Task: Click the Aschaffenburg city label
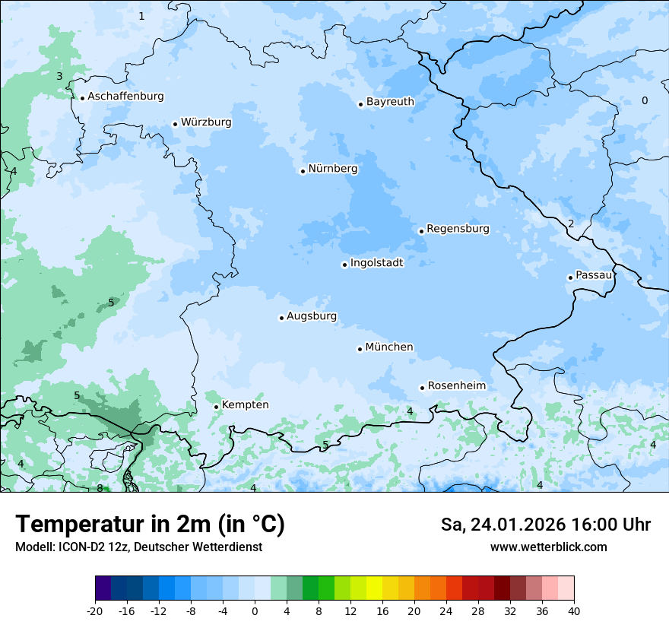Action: tap(125, 97)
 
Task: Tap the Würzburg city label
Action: tap(206, 122)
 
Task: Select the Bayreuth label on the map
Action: tap(390, 102)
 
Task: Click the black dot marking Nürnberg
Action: tap(303, 171)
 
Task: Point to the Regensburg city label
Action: tap(458, 229)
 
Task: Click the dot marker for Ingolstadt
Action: tap(344, 265)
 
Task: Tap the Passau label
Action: tap(594, 275)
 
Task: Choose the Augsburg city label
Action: tap(312, 316)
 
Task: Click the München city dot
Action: tap(360, 349)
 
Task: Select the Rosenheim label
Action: tap(456, 386)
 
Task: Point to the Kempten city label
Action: tap(245, 405)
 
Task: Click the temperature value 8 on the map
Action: tap(100, 488)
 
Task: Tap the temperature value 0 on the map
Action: tap(645, 100)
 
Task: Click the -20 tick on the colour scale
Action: tap(95, 610)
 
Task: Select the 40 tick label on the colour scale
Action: tap(574, 610)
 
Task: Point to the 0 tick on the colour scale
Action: tap(255, 610)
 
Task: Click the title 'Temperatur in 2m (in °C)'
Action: tap(150, 525)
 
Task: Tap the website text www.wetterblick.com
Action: tap(548, 547)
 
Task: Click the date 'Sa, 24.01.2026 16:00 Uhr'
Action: tap(545, 525)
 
